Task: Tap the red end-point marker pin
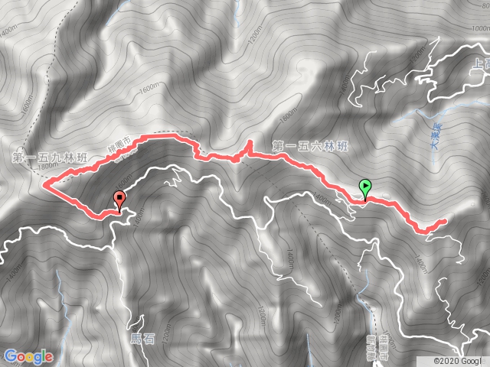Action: click(x=119, y=200)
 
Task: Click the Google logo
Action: click(x=28, y=356)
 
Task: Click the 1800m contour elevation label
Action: click(x=48, y=166)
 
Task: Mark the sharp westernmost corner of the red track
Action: click(x=44, y=184)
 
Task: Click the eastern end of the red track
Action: click(x=444, y=222)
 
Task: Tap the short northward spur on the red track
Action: click(x=249, y=146)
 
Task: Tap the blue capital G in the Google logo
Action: click(x=11, y=356)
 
